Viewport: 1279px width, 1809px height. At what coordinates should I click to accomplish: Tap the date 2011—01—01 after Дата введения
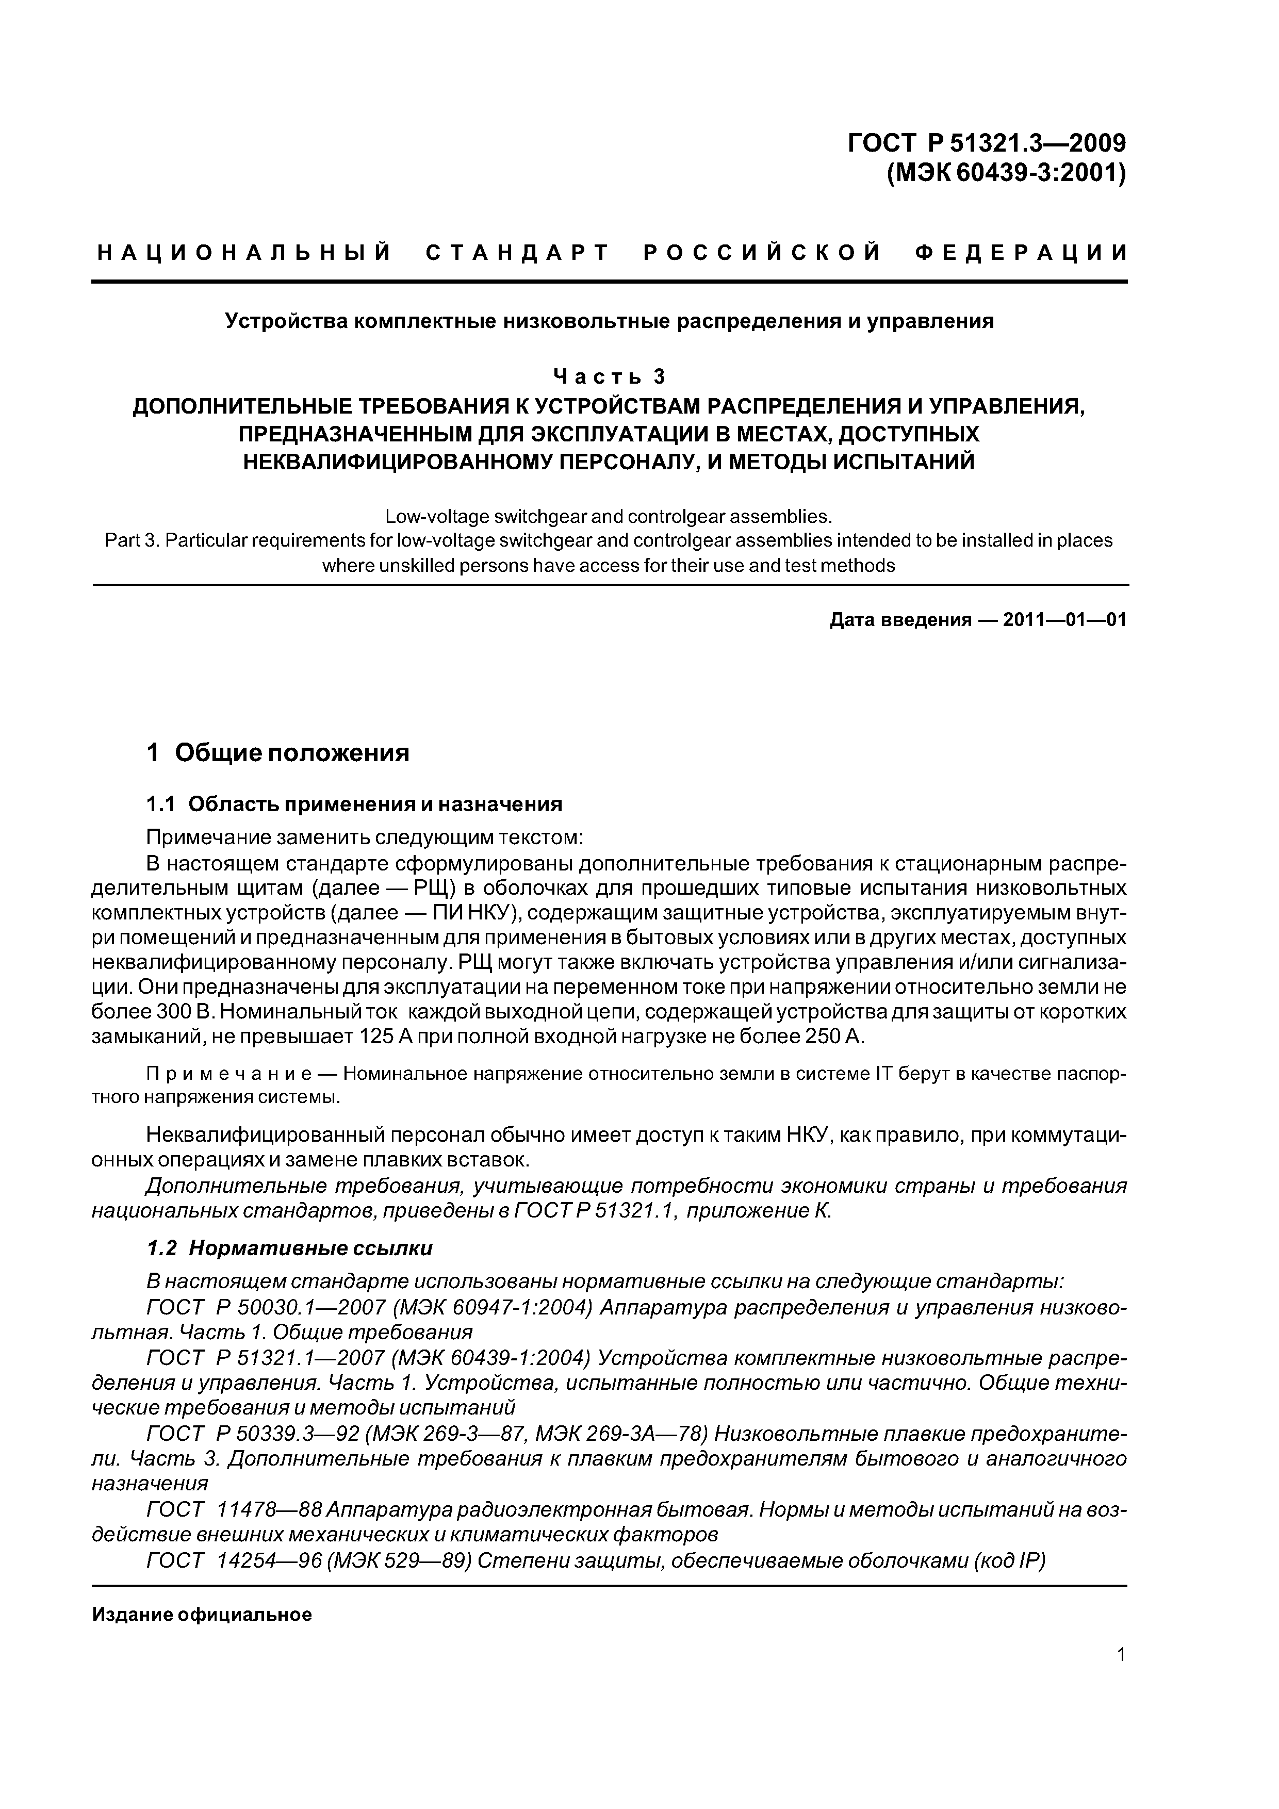(1064, 620)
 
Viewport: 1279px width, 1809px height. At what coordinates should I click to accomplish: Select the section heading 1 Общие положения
(278, 753)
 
